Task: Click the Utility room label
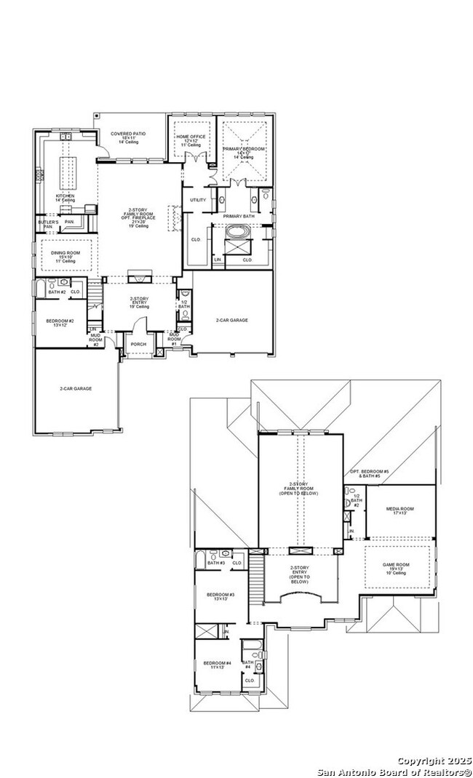198,199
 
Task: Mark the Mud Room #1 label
174,339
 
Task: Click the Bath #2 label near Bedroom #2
57,292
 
